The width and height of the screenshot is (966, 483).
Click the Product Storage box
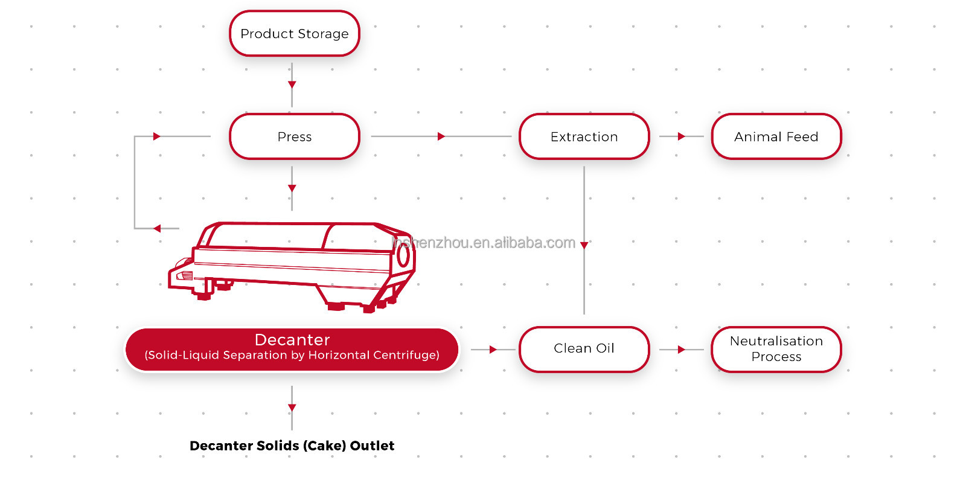pyautogui.click(x=294, y=34)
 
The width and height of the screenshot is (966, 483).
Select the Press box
pyautogui.click(x=294, y=137)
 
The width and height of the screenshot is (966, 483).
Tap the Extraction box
pyautogui.click(x=584, y=137)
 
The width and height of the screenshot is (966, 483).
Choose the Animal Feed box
pyautogui.click(x=776, y=137)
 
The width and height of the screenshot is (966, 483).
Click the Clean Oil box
pyautogui.click(x=584, y=349)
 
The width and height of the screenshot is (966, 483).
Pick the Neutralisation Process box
pyautogui.click(x=776, y=349)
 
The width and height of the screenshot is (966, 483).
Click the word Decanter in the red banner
pyautogui.click(x=292, y=340)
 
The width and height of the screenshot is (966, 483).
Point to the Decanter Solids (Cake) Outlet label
pyautogui.click(x=292, y=446)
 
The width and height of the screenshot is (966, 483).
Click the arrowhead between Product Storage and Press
pyautogui.click(x=292, y=85)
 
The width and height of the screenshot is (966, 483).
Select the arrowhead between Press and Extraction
pyautogui.click(x=441, y=136)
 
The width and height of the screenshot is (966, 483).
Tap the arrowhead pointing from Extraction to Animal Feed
pyautogui.click(x=682, y=136)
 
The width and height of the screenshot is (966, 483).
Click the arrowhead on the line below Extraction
pyautogui.click(x=584, y=245)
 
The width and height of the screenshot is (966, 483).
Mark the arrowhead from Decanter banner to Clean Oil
pyautogui.click(x=493, y=350)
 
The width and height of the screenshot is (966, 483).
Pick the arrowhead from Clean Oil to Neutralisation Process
pyautogui.click(x=682, y=350)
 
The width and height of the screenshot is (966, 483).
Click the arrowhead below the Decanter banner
pyautogui.click(x=292, y=408)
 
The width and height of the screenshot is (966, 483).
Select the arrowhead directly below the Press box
pyautogui.click(x=292, y=188)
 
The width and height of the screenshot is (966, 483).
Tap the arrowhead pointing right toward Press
pyautogui.click(x=157, y=136)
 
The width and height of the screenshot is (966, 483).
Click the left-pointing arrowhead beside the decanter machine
pyautogui.click(x=157, y=228)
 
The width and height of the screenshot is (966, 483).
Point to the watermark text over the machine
pyautogui.click(x=483, y=243)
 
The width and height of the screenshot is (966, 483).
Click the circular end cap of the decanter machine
pyautogui.click(x=403, y=256)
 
